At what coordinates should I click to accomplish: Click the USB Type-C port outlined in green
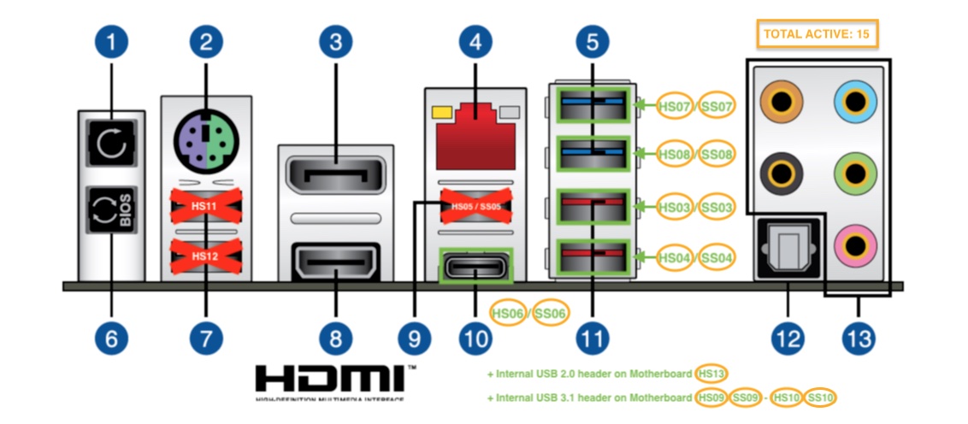[x=475, y=267]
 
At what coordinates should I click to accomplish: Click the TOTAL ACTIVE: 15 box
[x=817, y=35]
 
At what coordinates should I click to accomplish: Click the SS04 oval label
[x=716, y=256]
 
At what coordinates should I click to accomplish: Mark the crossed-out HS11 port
[x=205, y=206]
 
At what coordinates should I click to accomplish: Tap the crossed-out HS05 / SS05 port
[x=475, y=206]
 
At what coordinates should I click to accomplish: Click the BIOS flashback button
[x=109, y=209]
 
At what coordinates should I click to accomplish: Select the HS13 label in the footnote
[x=709, y=374]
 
